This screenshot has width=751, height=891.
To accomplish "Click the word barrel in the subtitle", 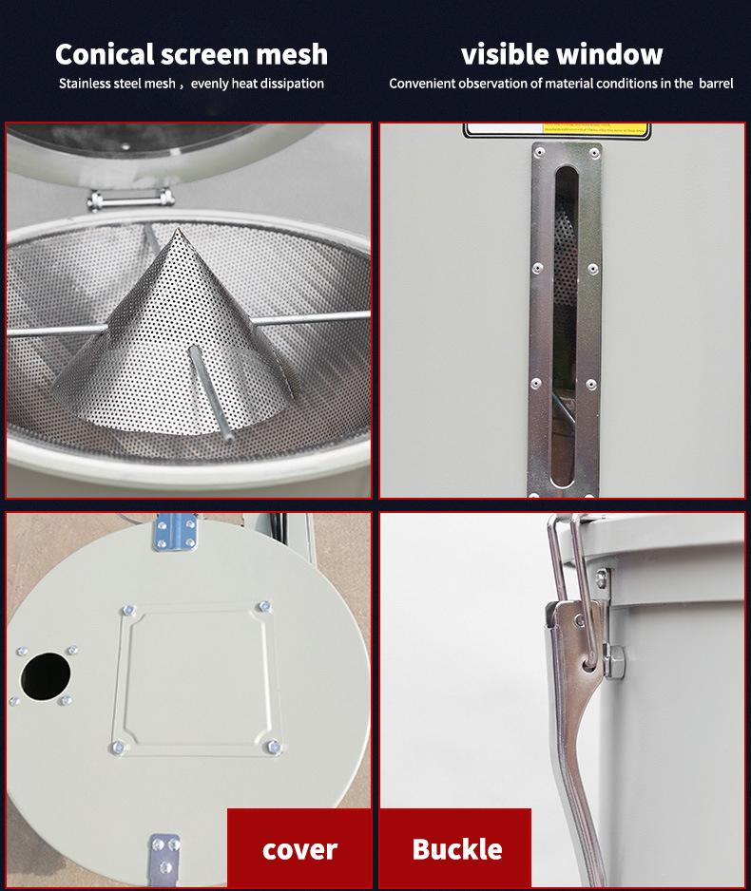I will pyautogui.click(x=716, y=84).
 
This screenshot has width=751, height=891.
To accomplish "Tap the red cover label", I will pyautogui.click(x=299, y=848).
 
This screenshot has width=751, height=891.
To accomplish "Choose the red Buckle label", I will pyautogui.click(x=456, y=848).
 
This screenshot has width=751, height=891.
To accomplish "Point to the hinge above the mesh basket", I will pyautogui.click(x=132, y=198).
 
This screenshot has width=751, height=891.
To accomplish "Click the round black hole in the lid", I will pyautogui.click(x=46, y=675).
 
